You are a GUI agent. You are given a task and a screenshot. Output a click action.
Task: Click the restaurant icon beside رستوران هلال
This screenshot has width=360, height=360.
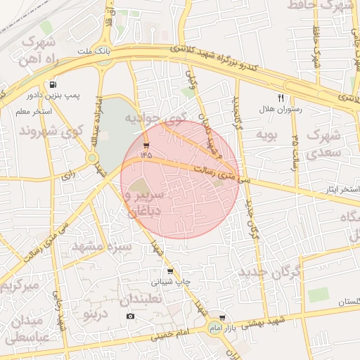pos(281,98)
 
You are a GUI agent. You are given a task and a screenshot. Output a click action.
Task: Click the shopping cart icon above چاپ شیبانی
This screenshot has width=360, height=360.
pos(169,271)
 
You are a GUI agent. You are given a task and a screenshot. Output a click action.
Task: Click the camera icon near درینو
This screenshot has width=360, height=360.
pos(130,316)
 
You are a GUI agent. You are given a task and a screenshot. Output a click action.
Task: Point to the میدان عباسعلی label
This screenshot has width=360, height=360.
pos(27,329)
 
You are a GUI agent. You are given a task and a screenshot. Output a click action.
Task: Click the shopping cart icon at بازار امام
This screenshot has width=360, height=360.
pos(222,318)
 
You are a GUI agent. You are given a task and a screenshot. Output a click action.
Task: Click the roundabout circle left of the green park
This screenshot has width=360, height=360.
pos(92,158)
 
